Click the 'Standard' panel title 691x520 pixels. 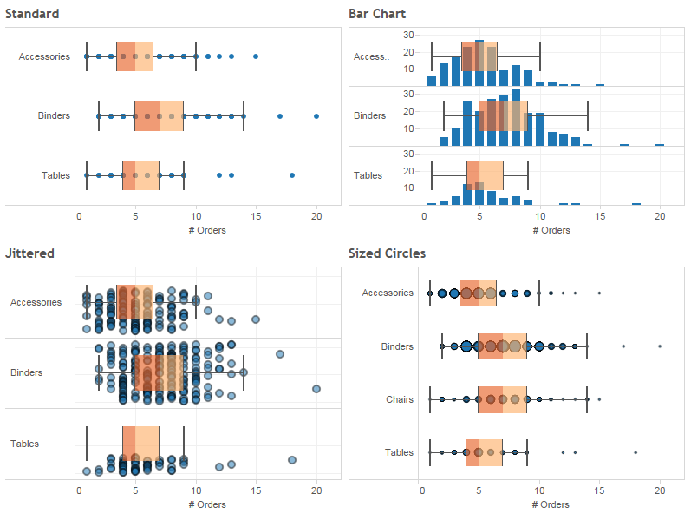tap(32, 14)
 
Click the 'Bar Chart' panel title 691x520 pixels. tap(377, 14)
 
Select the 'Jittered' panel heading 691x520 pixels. tap(29, 253)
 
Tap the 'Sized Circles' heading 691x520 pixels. tap(387, 253)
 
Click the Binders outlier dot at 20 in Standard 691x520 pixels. tap(316, 115)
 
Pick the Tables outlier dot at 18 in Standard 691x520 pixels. tap(292, 175)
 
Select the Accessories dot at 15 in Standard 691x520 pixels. tap(256, 56)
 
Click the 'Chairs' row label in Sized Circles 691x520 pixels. tap(399, 399)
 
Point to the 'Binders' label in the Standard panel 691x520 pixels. tap(54, 115)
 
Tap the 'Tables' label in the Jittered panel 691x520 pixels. tap(24, 444)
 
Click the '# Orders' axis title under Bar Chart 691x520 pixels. tap(551, 230)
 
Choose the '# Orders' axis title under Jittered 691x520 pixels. tap(207, 504)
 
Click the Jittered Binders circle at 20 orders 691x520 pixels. tap(316, 388)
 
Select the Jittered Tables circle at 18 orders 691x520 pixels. tap(292, 460)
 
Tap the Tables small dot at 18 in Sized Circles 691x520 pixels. tap(636, 452)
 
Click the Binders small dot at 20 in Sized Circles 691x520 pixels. tap(660, 346)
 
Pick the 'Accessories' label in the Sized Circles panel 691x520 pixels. tap(388, 293)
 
